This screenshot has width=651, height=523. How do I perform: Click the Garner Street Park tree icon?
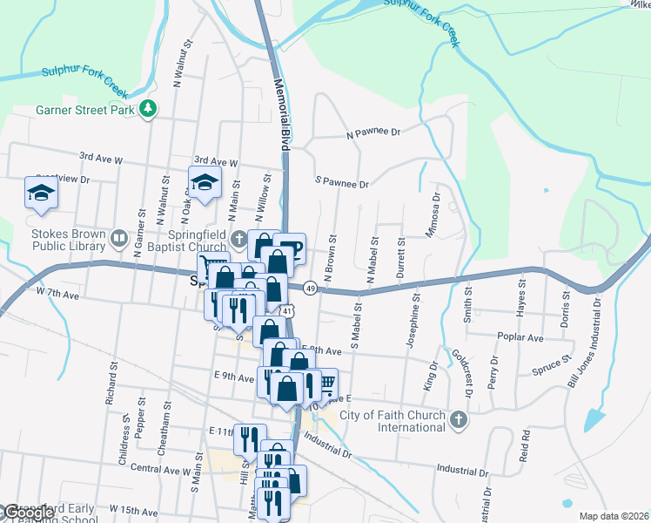pos(150,108)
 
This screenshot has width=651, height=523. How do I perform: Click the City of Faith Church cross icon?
pos(459,421)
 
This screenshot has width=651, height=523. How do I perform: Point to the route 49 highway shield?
pos(310,288)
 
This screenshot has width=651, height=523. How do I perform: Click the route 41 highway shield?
pos(287,310)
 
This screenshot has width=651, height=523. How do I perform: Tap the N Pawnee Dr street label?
pos(372,133)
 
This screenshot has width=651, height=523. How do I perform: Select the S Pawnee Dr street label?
pos(342,184)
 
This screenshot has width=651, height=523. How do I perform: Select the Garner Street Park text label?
pos(86,110)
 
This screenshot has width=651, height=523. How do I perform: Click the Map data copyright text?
pos(614,516)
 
